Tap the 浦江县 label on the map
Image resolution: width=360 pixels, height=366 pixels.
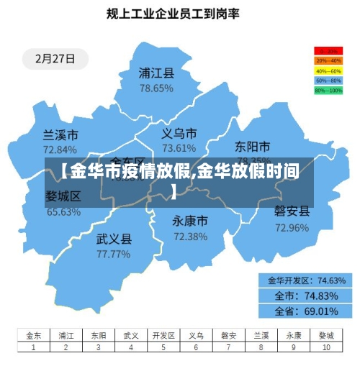pos(156,73)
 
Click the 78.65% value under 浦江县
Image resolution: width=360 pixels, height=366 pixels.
pos(156,88)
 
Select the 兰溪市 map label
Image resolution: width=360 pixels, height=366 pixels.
pos(60,135)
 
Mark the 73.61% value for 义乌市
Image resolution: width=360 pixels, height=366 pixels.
pos(179,148)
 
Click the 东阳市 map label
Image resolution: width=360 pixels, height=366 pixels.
pos(253,147)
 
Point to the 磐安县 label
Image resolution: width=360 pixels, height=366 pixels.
pos(292,211)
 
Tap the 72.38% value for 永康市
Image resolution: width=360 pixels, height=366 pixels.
pos(190,236)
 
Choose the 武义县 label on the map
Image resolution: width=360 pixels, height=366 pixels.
pos(114,239)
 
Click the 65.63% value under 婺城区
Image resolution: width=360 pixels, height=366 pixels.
pos(63,211)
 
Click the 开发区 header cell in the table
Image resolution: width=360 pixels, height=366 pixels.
pos(163,335)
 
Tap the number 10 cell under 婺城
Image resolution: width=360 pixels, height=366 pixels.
pos(326,347)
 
